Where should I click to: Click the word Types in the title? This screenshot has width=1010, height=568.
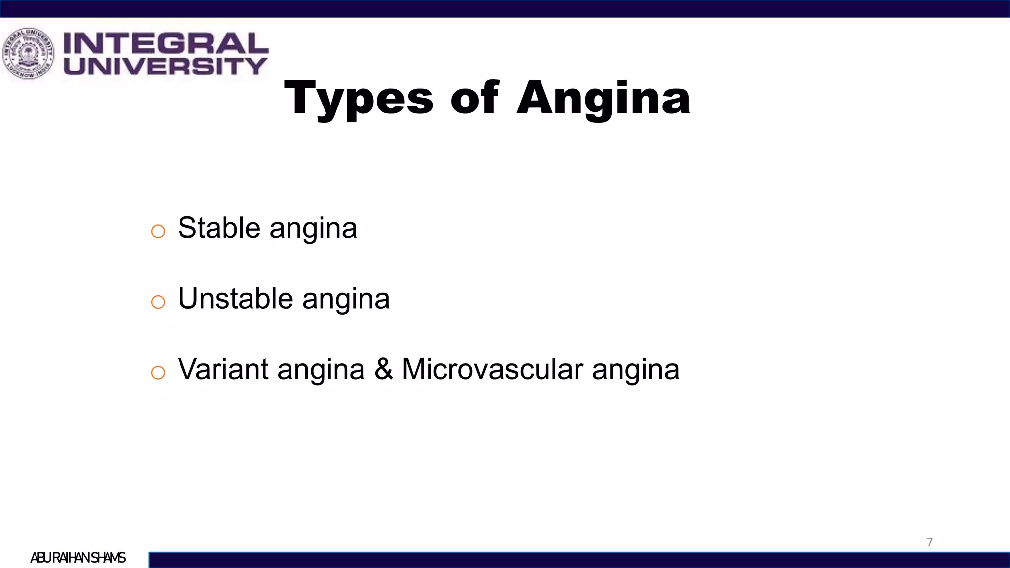tap(359, 99)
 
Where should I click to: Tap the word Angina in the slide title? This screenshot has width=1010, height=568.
tap(603, 99)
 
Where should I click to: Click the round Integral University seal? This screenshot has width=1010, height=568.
tap(28, 54)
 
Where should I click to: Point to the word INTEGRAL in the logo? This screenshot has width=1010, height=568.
tap(166, 43)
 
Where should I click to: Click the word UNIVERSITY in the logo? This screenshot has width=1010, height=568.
tap(165, 66)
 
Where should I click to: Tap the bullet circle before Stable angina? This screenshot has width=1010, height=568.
tap(158, 231)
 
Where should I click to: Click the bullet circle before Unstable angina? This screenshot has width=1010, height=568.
tap(158, 302)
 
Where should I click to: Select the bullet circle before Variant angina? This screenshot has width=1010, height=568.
tap(158, 372)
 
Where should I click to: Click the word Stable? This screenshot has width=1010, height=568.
tap(219, 228)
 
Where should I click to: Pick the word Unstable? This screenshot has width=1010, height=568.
tap(236, 298)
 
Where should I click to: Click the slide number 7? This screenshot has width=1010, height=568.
tap(930, 542)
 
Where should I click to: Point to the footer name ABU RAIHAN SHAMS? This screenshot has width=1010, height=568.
tap(78, 558)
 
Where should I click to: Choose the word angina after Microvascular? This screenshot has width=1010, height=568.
tap(636, 370)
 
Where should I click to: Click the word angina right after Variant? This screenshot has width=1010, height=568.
tap(321, 370)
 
